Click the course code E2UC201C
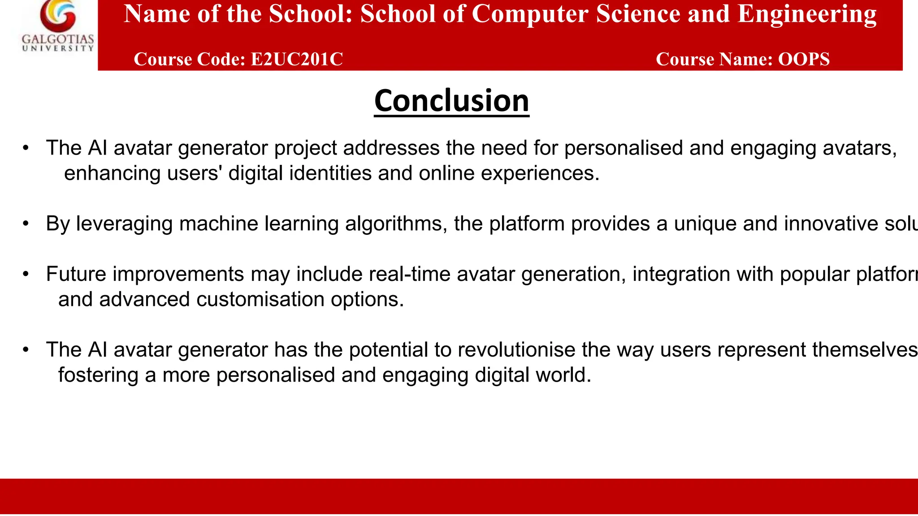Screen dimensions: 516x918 (297, 59)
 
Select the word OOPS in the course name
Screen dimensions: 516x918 (804, 59)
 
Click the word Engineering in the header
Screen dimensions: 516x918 (807, 14)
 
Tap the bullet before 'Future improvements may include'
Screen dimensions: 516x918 (26, 274)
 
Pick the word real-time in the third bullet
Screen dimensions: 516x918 (409, 274)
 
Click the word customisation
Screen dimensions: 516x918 (260, 299)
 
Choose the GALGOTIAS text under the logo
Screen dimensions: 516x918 (58, 39)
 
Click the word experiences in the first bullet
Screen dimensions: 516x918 (540, 173)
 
